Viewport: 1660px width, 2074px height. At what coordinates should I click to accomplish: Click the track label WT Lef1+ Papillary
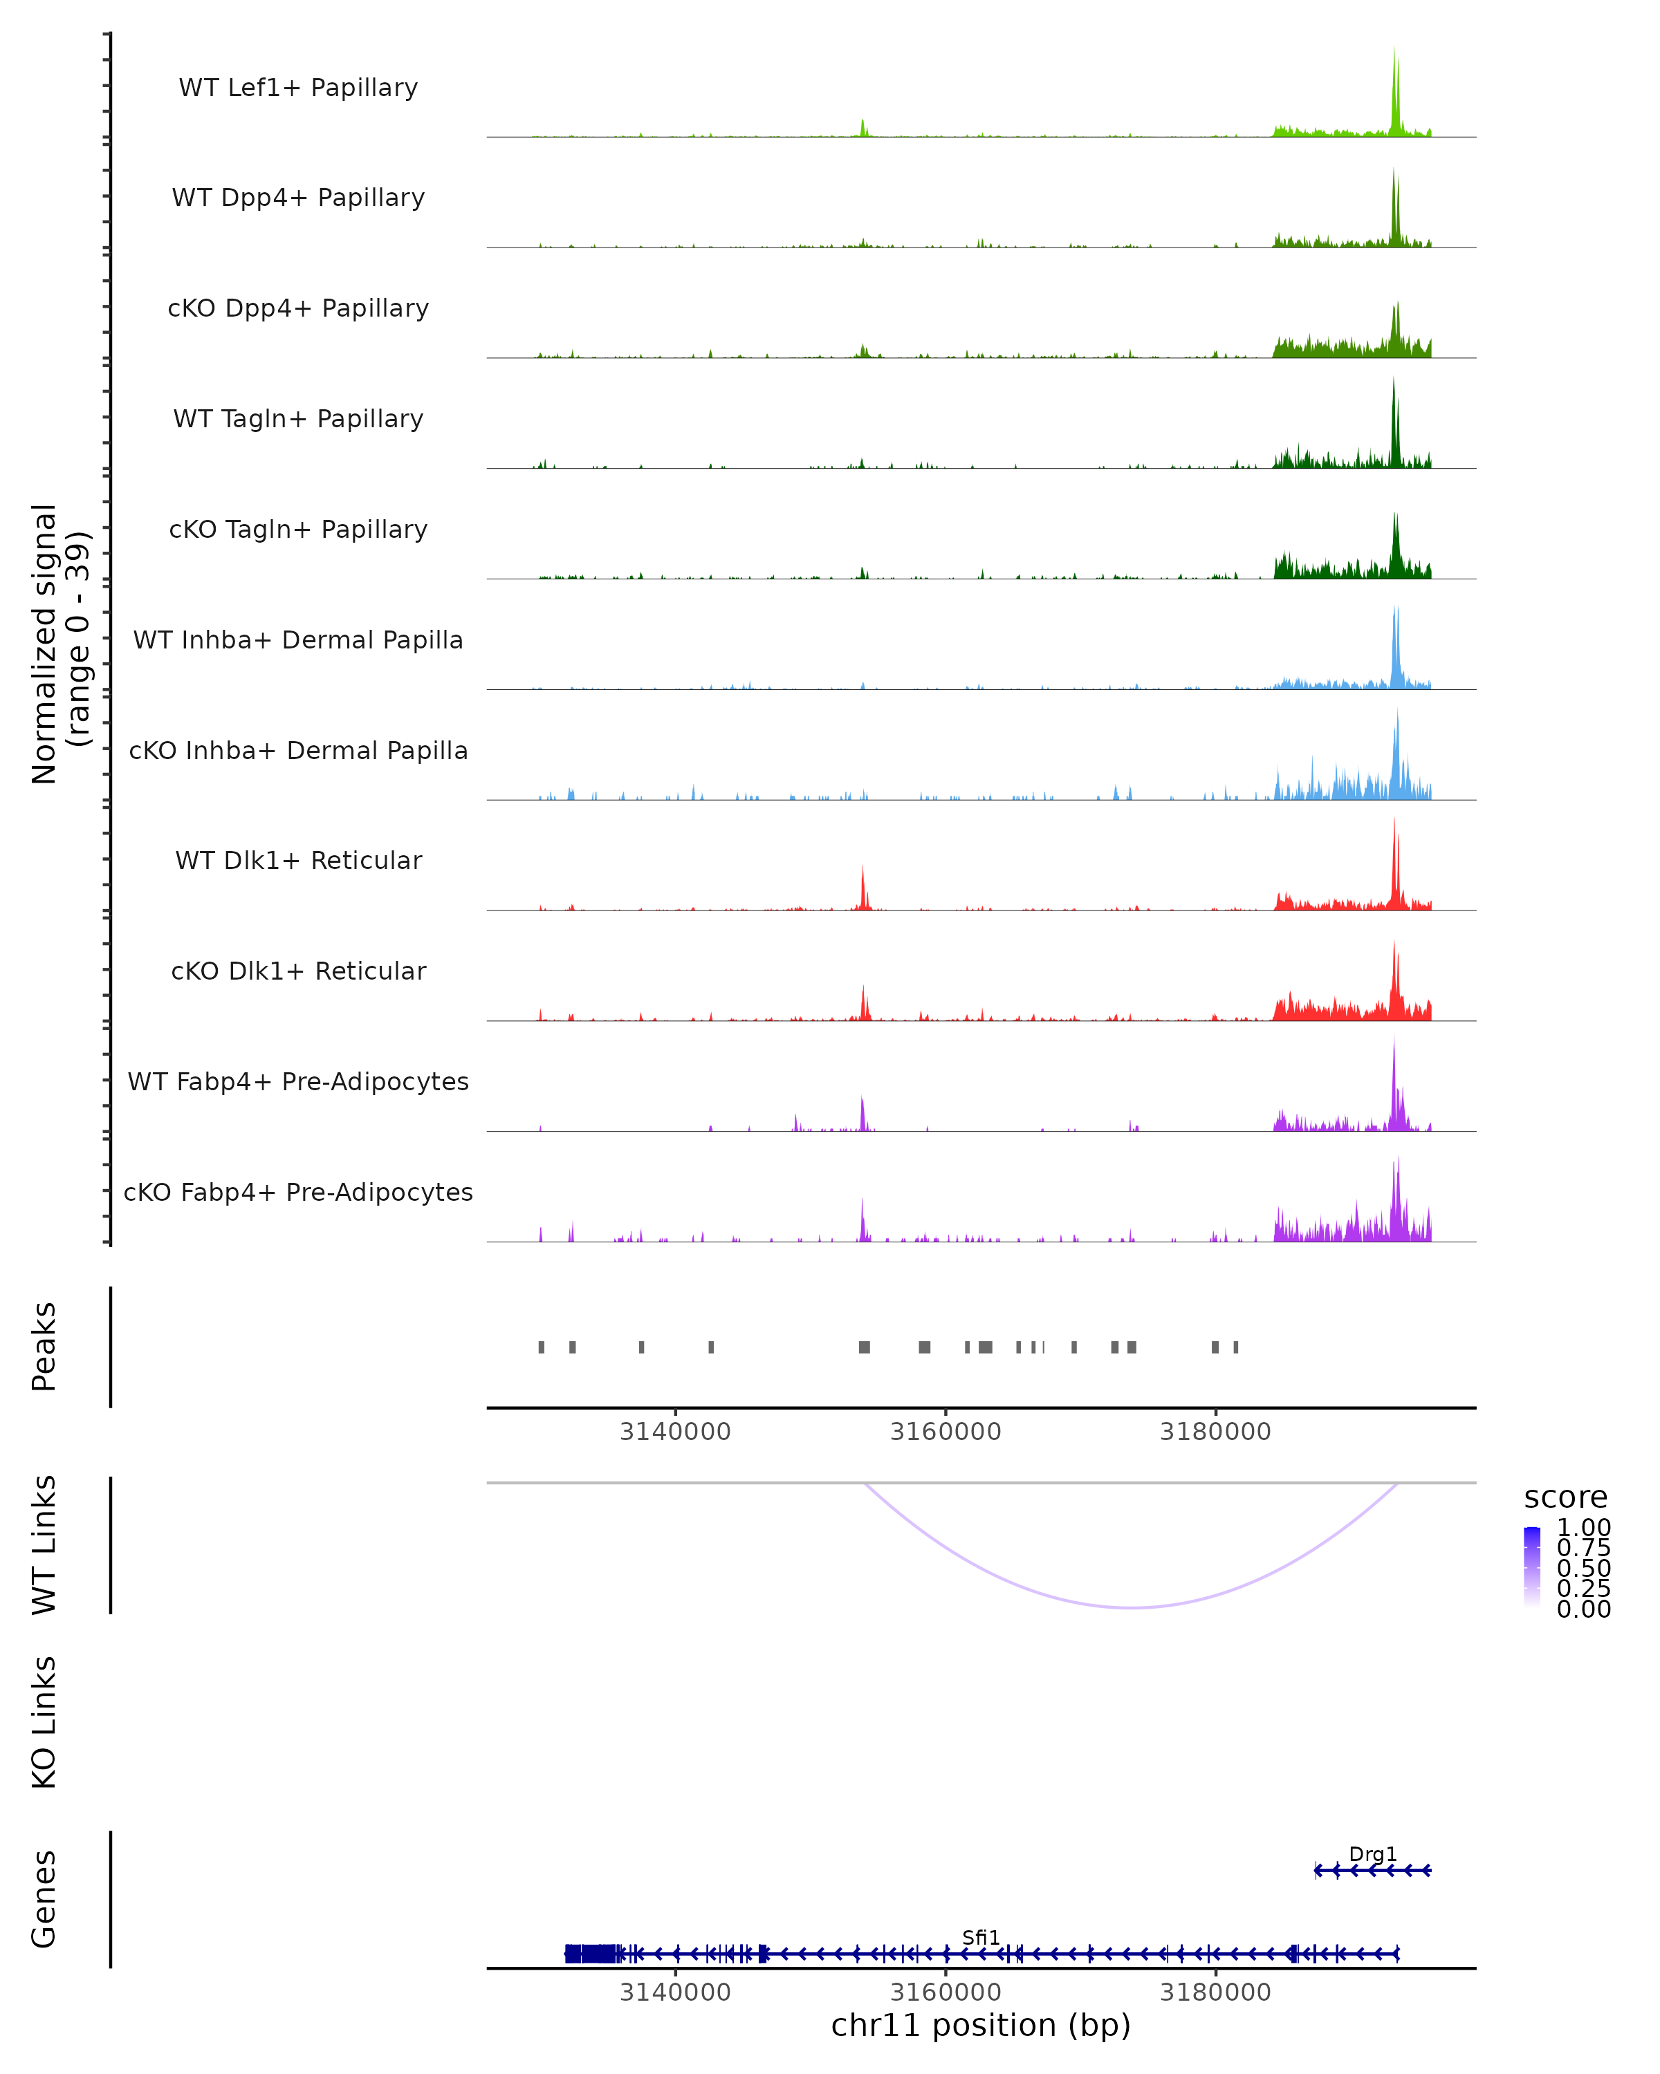(298, 88)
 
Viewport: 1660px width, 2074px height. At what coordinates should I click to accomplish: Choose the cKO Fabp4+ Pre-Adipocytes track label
(298, 1192)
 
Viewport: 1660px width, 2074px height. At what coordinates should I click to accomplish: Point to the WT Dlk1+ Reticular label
(298, 860)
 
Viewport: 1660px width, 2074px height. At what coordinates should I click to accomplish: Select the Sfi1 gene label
(981, 1937)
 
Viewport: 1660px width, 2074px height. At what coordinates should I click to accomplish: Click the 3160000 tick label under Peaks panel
(945, 1432)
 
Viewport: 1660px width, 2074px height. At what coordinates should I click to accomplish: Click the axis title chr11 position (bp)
(981, 2025)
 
